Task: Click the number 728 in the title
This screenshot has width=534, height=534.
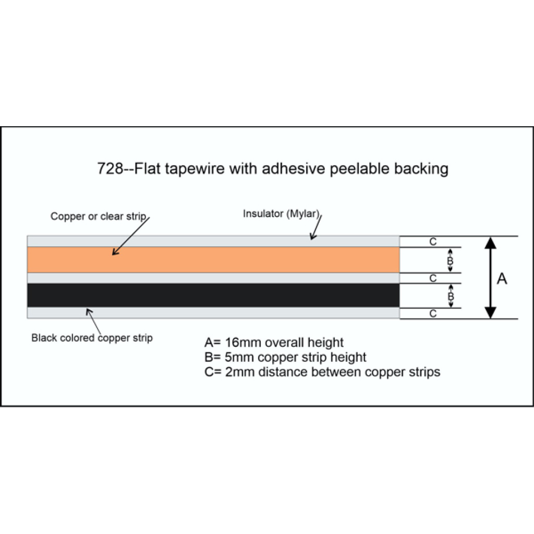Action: tap(110, 168)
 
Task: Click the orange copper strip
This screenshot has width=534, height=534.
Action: tap(213, 260)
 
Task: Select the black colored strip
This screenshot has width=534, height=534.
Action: tap(213, 295)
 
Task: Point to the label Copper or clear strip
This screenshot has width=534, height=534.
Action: tap(99, 216)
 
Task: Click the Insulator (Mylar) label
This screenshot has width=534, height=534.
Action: tap(281, 214)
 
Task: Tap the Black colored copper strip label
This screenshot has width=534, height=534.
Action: tap(92, 338)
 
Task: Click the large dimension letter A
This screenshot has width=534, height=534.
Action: tap(502, 279)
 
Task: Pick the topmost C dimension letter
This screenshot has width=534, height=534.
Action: tap(433, 241)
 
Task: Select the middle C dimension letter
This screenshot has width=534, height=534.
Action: tap(433, 278)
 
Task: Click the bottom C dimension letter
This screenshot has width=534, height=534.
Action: tap(433, 313)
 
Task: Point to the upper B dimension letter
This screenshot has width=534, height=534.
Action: tap(450, 261)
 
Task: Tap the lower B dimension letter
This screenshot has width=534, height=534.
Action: tap(451, 296)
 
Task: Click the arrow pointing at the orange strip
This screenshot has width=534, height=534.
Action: tap(131, 236)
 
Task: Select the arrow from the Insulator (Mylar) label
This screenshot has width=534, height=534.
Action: tap(316, 227)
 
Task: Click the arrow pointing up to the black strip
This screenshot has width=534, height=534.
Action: tap(94, 321)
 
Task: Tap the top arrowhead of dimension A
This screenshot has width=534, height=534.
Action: tap(490, 243)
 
